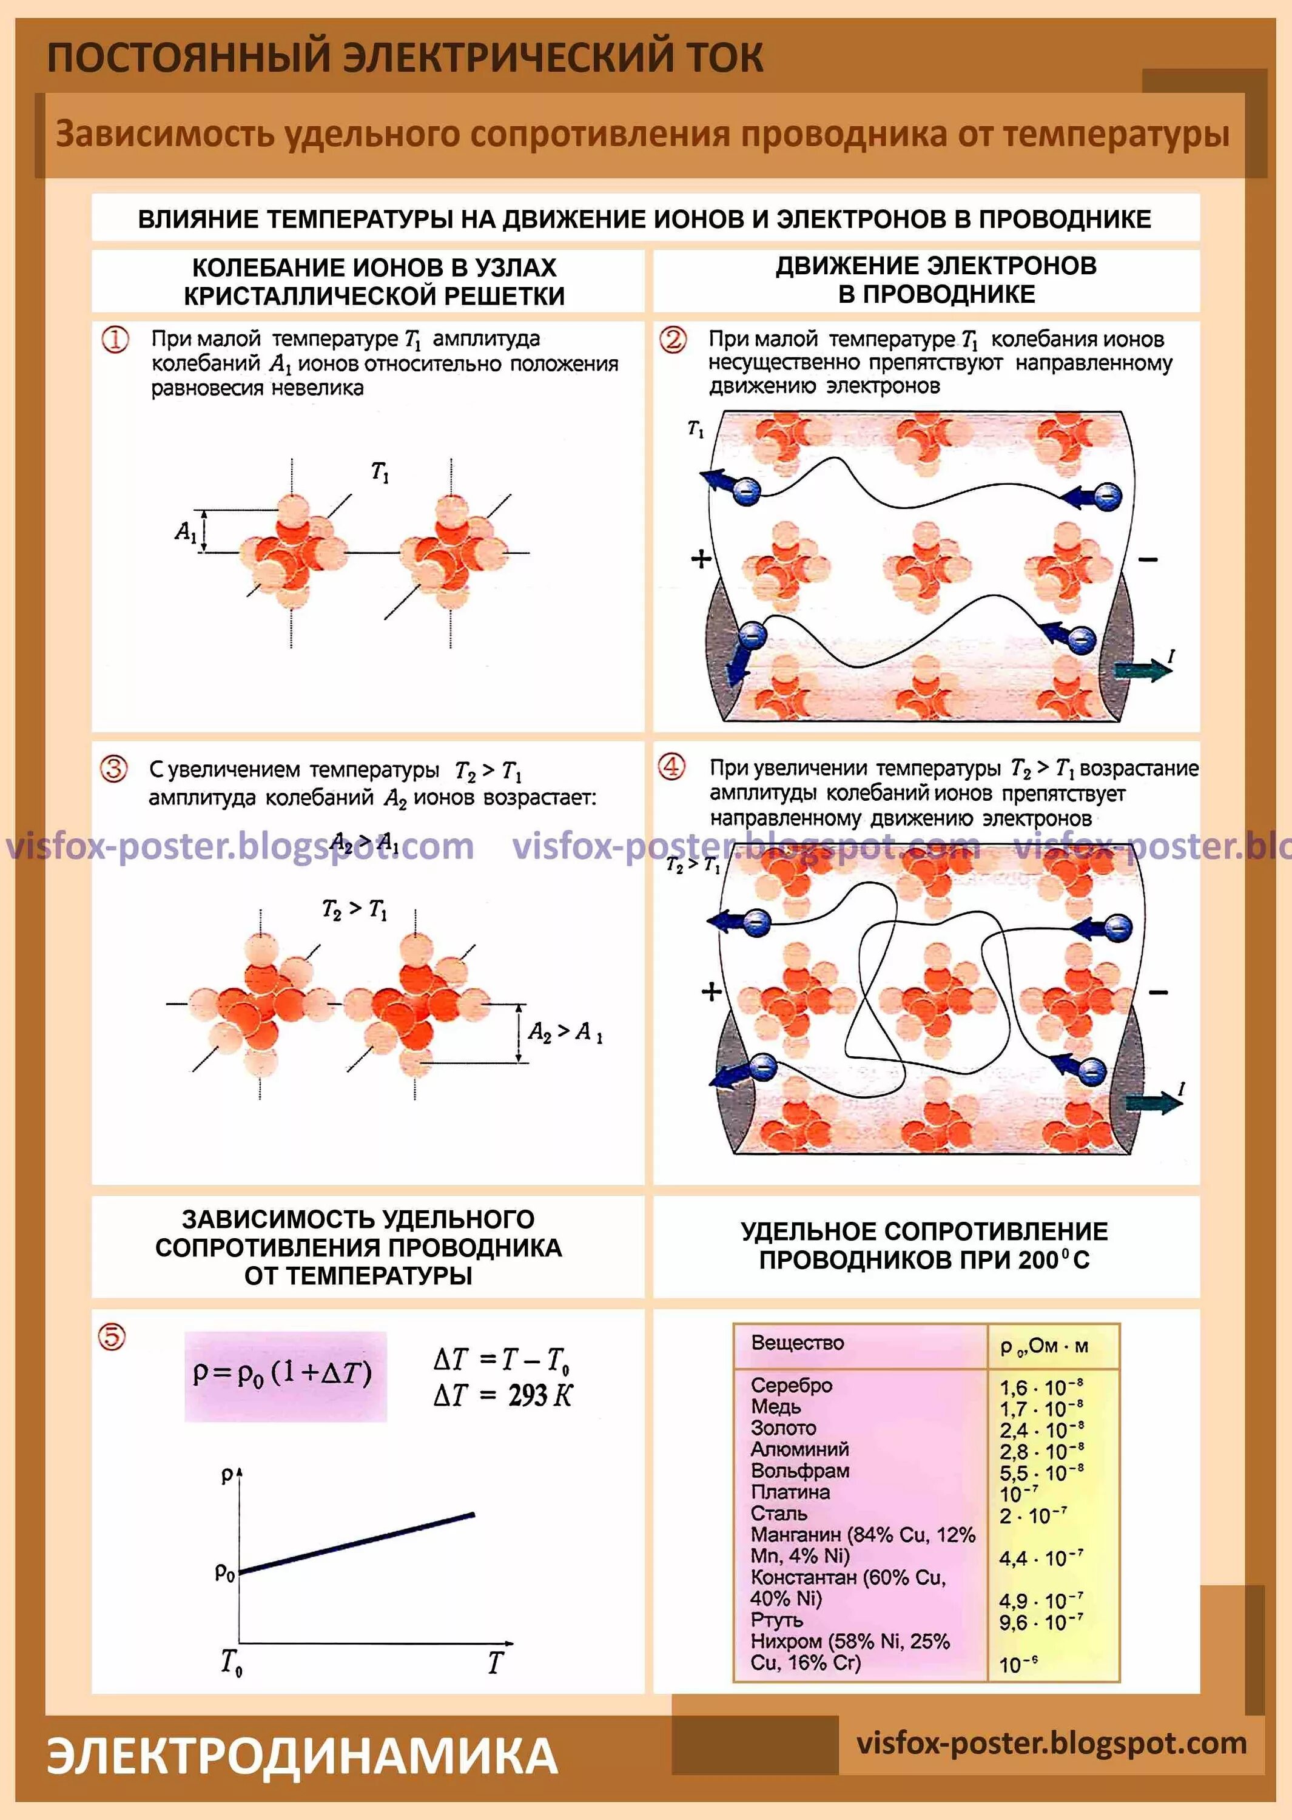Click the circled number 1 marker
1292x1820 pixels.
[x=115, y=340]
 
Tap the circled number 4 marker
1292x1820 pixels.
[x=672, y=767]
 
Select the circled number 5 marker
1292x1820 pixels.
[x=112, y=1337]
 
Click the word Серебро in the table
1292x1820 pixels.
[x=791, y=1385]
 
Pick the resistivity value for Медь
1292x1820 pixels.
[x=1041, y=1409]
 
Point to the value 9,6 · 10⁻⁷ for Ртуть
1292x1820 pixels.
[x=1041, y=1622]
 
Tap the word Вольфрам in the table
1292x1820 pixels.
[x=799, y=1471]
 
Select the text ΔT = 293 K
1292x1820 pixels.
[x=503, y=1395]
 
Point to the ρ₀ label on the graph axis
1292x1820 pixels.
[x=225, y=1572]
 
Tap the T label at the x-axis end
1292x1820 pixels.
[x=495, y=1662]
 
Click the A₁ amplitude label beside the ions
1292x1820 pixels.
[x=186, y=531]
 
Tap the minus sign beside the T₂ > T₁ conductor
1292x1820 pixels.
[x=1159, y=992]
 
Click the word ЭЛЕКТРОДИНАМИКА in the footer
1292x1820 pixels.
[x=302, y=1756]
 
